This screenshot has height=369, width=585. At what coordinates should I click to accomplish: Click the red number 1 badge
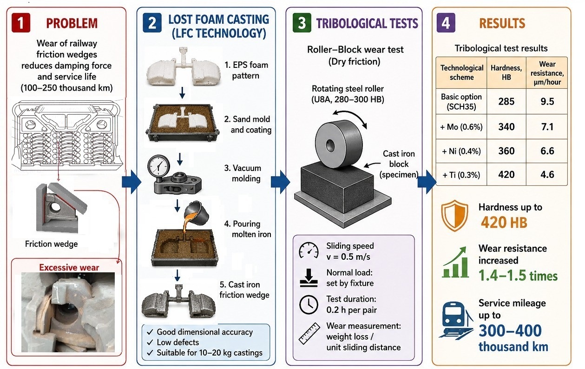coord(20,23)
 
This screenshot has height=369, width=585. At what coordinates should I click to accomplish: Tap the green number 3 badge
coord(302,23)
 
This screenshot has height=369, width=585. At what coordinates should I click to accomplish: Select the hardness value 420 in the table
coord(506,174)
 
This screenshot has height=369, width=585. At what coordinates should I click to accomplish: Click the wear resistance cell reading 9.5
coord(547,101)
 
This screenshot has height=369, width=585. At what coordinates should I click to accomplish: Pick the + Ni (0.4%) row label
coord(461,151)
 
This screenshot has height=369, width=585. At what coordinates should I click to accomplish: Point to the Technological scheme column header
coord(462,72)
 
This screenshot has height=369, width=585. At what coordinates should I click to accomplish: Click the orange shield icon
coord(454,216)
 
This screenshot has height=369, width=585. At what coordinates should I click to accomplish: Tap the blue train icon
coord(456,321)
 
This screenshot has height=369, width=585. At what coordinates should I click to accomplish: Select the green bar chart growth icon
coord(455,262)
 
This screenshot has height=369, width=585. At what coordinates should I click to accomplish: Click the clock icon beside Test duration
coord(309,304)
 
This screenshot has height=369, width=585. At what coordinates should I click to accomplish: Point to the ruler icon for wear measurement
coord(309,334)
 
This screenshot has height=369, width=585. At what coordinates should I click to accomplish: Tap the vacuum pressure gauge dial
coord(158,165)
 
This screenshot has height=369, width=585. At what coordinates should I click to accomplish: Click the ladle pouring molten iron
coord(197,212)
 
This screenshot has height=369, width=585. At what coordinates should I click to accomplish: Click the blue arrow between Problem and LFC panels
coord(131,182)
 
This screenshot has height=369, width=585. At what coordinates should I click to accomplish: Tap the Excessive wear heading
coord(69,267)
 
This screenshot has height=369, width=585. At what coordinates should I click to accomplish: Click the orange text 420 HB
coord(504,223)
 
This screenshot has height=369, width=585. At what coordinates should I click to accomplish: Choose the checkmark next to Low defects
coord(150,343)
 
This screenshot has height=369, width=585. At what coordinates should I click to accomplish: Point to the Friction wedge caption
coord(52,244)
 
